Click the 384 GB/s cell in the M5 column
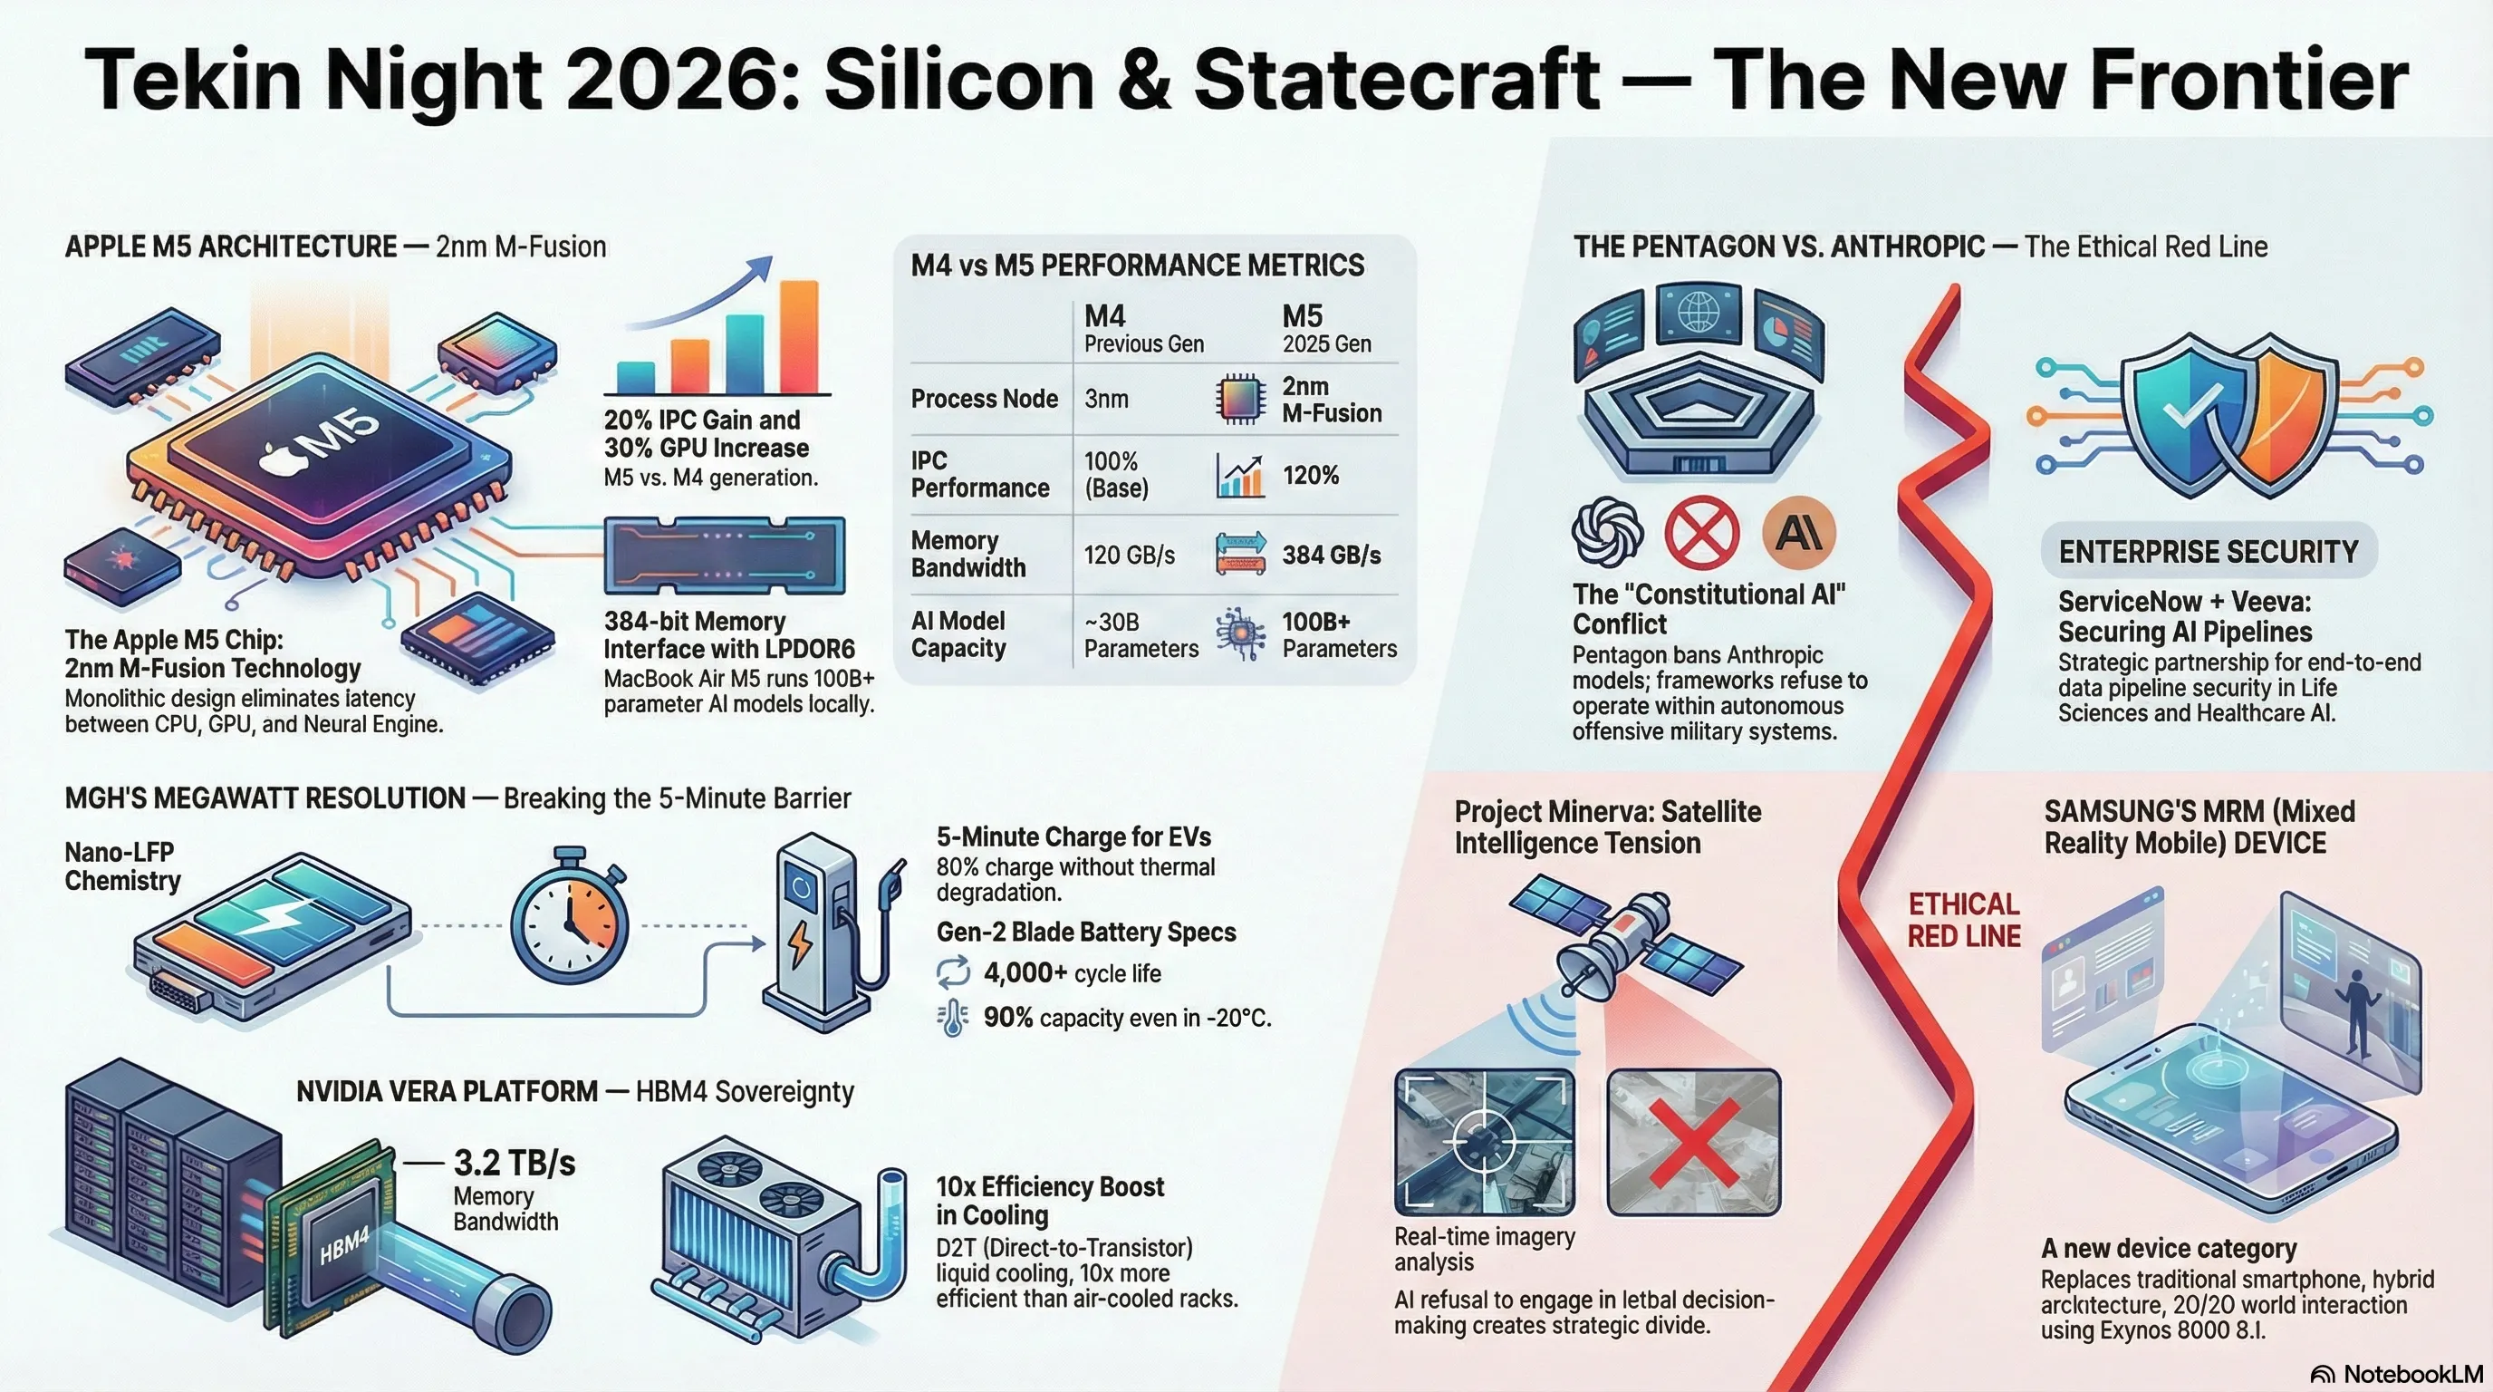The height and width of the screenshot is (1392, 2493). pos(1332,555)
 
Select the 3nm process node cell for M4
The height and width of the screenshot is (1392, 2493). pos(1106,399)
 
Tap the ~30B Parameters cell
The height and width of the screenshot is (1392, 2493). pos(1141,635)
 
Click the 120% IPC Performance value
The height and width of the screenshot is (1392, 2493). pos(1311,475)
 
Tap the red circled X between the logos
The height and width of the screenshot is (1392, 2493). pos(1701,532)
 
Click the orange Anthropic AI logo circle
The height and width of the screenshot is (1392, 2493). pos(1799,532)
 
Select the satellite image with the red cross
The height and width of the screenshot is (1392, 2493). pos(1694,1142)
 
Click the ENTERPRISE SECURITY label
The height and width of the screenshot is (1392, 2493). pos(2209,552)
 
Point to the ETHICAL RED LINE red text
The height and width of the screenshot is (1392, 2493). pos(1964,920)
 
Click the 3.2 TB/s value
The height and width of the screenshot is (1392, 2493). pos(514,1163)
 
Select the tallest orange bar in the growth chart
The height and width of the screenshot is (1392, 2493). pos(798,337)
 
